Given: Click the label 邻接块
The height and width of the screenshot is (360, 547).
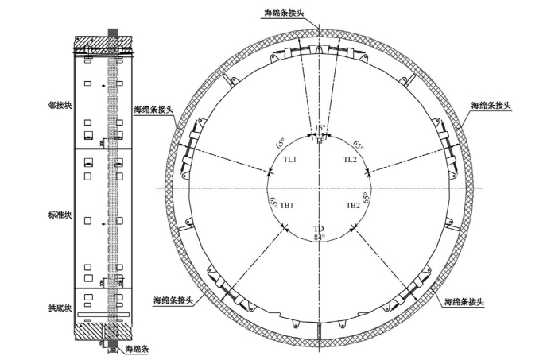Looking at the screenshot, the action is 60,104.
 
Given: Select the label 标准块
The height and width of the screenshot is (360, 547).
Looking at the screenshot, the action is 60,215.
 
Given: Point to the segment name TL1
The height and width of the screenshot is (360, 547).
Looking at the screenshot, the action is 290,159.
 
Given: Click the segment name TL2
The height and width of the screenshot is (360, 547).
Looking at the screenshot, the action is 350,159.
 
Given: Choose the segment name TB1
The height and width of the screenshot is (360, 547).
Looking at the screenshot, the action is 287,205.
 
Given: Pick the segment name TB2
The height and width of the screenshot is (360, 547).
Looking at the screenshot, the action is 353,205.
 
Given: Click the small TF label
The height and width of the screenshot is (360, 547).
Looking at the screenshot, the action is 320,141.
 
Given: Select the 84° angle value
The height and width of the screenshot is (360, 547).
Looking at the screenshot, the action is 320,236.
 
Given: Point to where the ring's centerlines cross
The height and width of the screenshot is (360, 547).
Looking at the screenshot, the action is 319,188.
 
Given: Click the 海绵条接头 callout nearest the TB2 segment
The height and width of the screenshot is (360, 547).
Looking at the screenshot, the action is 464,302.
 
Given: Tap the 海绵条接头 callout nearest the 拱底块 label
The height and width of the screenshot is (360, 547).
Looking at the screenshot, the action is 170,300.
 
